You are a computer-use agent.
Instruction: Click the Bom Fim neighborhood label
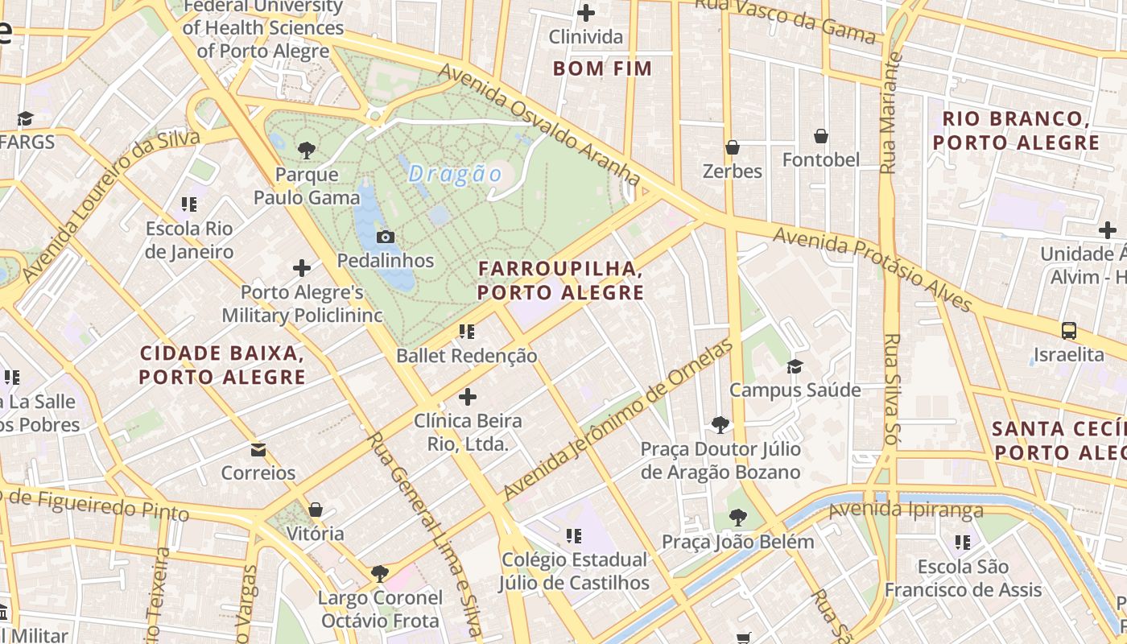(x=602, y=68)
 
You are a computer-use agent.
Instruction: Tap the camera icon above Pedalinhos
(x=386, y=237)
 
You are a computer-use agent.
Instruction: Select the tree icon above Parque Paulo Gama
(x=306, y=149)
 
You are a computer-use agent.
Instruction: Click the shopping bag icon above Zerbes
(x=733, y=147)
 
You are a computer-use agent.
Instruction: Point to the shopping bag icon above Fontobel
(x=821, y=136)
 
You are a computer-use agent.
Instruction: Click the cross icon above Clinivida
(x=586, y=13)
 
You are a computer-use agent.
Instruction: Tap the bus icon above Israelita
(x=1069, y=330)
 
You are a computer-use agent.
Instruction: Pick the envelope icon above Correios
(x=258, y=449)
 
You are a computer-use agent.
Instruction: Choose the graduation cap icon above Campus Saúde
(x=795, y=366)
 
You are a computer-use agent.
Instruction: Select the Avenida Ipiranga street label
(x=906, y=510)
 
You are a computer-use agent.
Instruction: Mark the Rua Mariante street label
(x=889, y=114)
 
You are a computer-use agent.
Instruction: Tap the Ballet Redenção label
(x=467, y=356)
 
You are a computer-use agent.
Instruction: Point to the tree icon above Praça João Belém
(x=737, y=518)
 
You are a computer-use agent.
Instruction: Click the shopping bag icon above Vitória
(x=316, y=510)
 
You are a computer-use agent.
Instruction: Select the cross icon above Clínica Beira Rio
(x=467, y=397)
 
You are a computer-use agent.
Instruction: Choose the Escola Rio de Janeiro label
(x=189, y=240)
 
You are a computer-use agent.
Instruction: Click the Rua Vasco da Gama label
(x=785, y=20)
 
